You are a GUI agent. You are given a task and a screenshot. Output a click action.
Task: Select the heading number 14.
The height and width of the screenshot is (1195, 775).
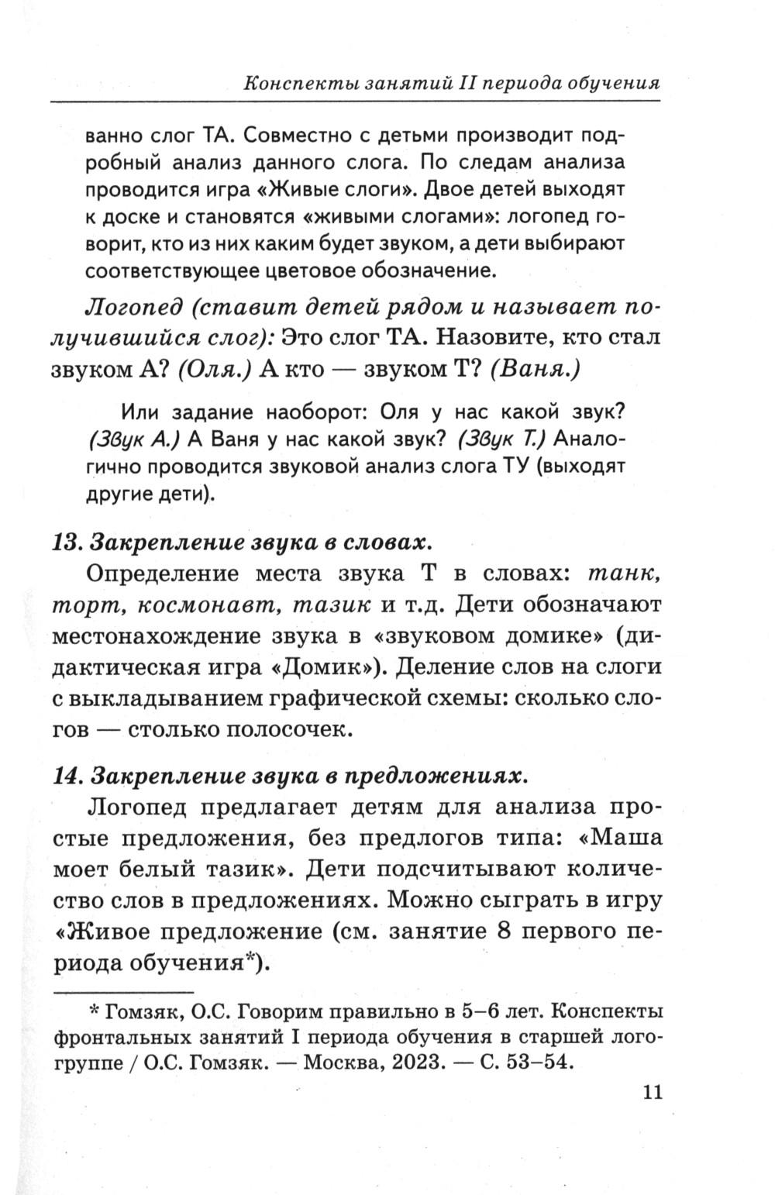tap(67, 774)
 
